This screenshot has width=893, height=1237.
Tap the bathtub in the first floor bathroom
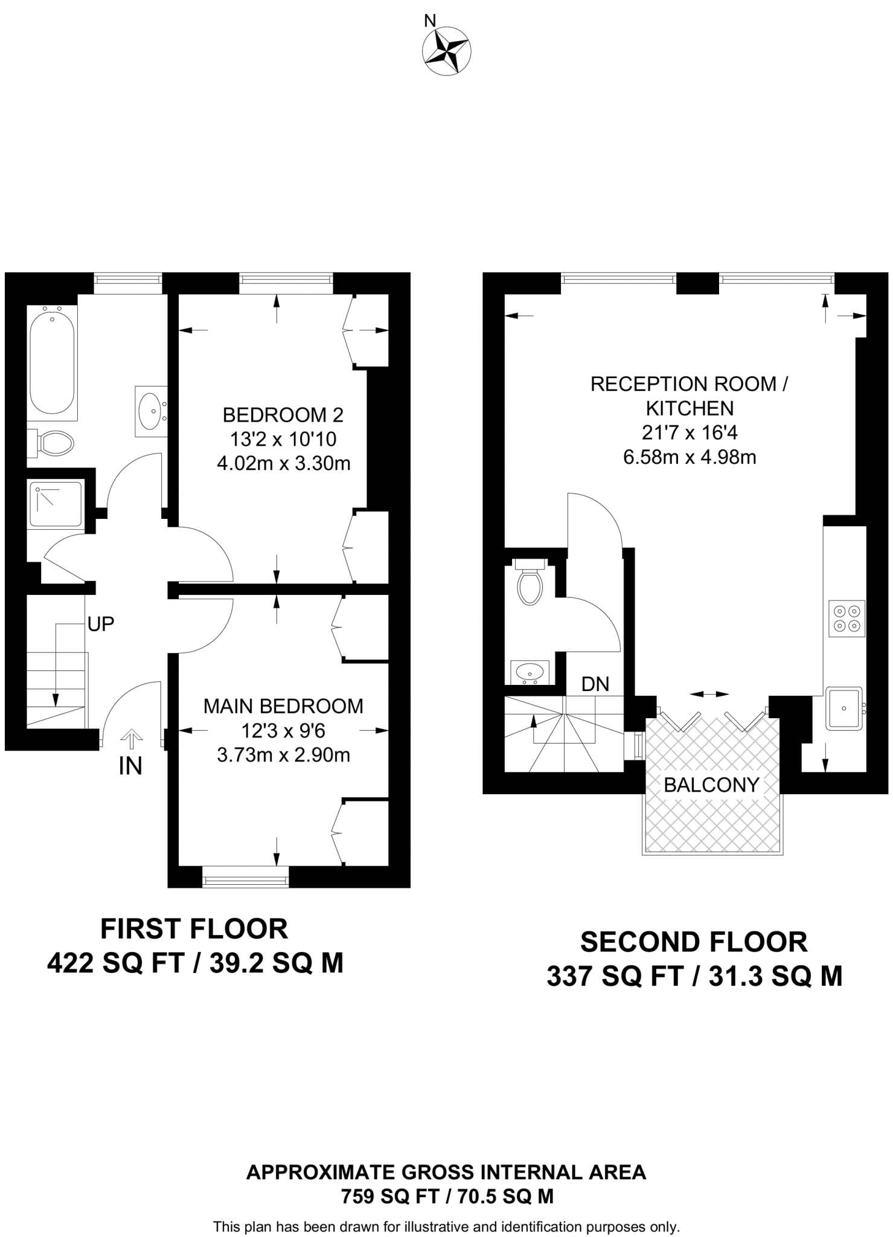[52, 362]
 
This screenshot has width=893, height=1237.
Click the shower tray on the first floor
[55, 504]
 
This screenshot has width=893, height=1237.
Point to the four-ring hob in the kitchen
[847, 618]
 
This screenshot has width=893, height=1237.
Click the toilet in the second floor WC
[530, 582]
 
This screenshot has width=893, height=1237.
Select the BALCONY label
[711, 785]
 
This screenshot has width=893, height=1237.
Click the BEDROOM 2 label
[283, 415]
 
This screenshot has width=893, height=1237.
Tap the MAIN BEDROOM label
[283, 706]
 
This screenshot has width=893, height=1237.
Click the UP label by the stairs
[100, 624]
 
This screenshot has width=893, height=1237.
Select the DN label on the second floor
[595, 684]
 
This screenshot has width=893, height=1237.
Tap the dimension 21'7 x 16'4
[690, 432]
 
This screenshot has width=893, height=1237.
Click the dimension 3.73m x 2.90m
[283, 755]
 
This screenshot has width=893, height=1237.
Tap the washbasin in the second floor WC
[530, 672]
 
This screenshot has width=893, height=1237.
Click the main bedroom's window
[245, 877]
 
